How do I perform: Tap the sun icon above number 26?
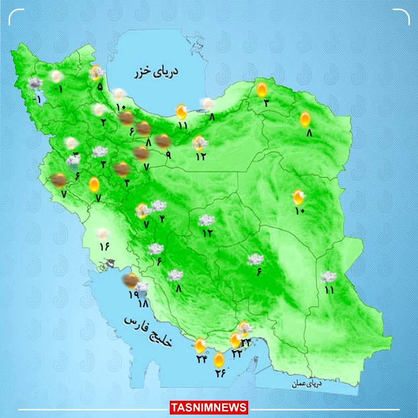pos(219,360)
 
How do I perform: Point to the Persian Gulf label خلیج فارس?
pos(149,331)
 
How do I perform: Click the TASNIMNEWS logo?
pos(209,407)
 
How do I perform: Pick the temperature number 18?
pos(143,304)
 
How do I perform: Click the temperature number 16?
pos(105,246)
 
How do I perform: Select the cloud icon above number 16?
pos(103,234)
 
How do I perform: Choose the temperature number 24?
pos(202,359)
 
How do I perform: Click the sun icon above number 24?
pos(201,346)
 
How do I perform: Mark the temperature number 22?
pos(236,354)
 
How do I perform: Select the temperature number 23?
pos(246,343)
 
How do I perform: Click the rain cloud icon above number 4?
pos(159,206)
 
